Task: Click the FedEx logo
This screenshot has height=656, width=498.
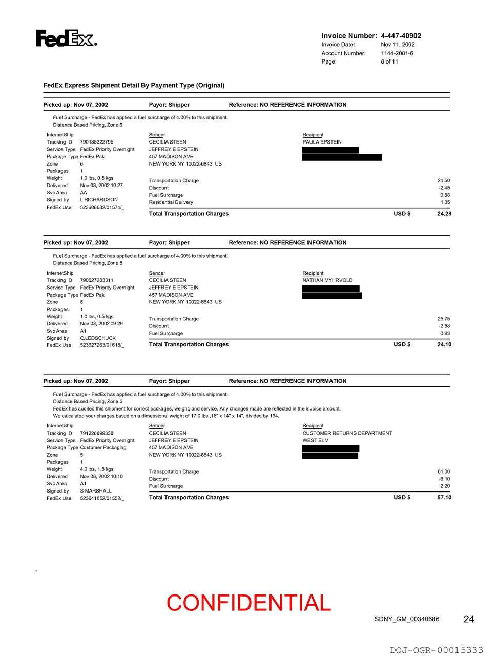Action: click(66, 38)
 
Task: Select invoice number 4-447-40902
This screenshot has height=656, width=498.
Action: click(401, 36)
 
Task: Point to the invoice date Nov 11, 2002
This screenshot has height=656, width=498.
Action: click(398, 45)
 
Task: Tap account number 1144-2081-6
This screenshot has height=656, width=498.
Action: click(397, 53)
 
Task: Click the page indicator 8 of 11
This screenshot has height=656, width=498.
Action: click(389, 61)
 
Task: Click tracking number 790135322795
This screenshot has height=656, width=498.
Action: click(97, 142)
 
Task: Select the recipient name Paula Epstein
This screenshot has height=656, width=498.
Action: click(322, 142)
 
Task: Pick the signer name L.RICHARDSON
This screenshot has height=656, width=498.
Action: click(99, 200)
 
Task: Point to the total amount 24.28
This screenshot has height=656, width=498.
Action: click(444, 214)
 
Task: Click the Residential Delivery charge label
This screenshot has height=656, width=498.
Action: click(171, 202)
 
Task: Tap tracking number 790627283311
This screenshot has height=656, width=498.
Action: click(97, 280)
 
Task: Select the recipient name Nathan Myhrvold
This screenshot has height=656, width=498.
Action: click(327, 280)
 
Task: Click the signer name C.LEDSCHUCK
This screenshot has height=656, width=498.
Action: click(98, 338)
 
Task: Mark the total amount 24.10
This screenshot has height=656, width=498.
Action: click(444, 345)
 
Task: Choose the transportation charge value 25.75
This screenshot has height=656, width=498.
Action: click(444, 319)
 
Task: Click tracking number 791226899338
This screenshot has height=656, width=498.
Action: click(97, 433)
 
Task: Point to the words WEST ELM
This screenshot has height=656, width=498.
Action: click(316, 440)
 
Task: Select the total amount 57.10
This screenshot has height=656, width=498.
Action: click(444, 498)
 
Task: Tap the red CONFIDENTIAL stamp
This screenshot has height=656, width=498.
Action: click(248, 603)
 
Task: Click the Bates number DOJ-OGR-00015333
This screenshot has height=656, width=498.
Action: click(437, 650)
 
